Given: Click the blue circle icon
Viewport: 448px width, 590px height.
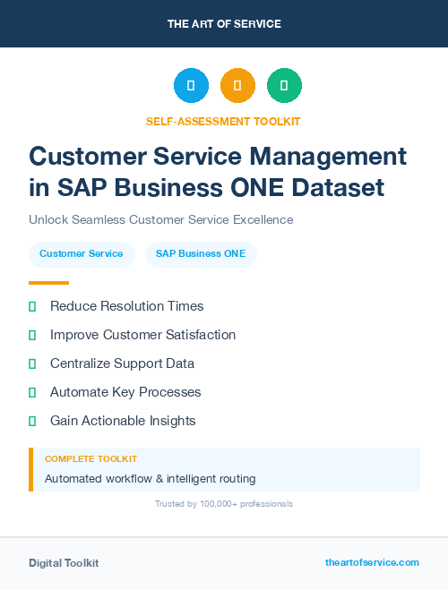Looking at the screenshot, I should pyautogui.click(x=191, y=85).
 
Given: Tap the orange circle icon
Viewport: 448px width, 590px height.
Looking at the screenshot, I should pyautogui.click(x=237, y=85).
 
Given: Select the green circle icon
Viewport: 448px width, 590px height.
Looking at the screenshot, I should pyautogui.click(x=284, y=85).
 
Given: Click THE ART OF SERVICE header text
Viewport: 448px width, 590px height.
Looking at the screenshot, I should pyautogui.click(x=224, y=24).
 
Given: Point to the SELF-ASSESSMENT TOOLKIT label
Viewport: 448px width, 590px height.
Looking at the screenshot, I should pyautogui.click(x=223, y=121).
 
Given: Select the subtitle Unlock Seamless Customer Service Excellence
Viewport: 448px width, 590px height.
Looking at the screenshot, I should pyautogui.click(x=160, y=219).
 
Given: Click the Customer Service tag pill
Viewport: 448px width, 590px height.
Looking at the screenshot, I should pyautogui.click(x=82, y=254).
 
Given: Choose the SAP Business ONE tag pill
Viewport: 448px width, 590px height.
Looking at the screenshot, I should pyautogui.click(x=201, y=254).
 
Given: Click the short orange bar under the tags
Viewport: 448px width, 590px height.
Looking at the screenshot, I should pyautogui.click(x=48, y=283).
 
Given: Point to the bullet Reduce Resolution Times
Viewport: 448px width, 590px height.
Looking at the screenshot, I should pyautogui.click(x=126, y=306).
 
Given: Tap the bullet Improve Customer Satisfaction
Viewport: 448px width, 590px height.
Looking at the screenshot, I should pyautogui.click(x=142, y=335).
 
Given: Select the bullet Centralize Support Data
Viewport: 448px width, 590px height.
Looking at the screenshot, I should pyautogui.click(x=122, y=363).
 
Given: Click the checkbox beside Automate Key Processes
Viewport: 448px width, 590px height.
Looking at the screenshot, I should pyautogui.click(x=32, y=392).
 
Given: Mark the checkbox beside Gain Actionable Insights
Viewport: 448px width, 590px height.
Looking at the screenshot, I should pyautogui.click(x=32, y=421).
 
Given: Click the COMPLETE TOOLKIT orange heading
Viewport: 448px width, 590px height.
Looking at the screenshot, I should pyautogui.click(x=90, y=458).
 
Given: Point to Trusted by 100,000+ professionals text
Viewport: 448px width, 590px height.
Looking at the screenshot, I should pyautogui.click(x=224, y=504).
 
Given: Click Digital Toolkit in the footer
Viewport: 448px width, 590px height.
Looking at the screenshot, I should pyautogui.click(x=64, y=563).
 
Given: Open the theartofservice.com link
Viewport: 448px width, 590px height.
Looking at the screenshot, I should pyautogui.click(x=372, y=562).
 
